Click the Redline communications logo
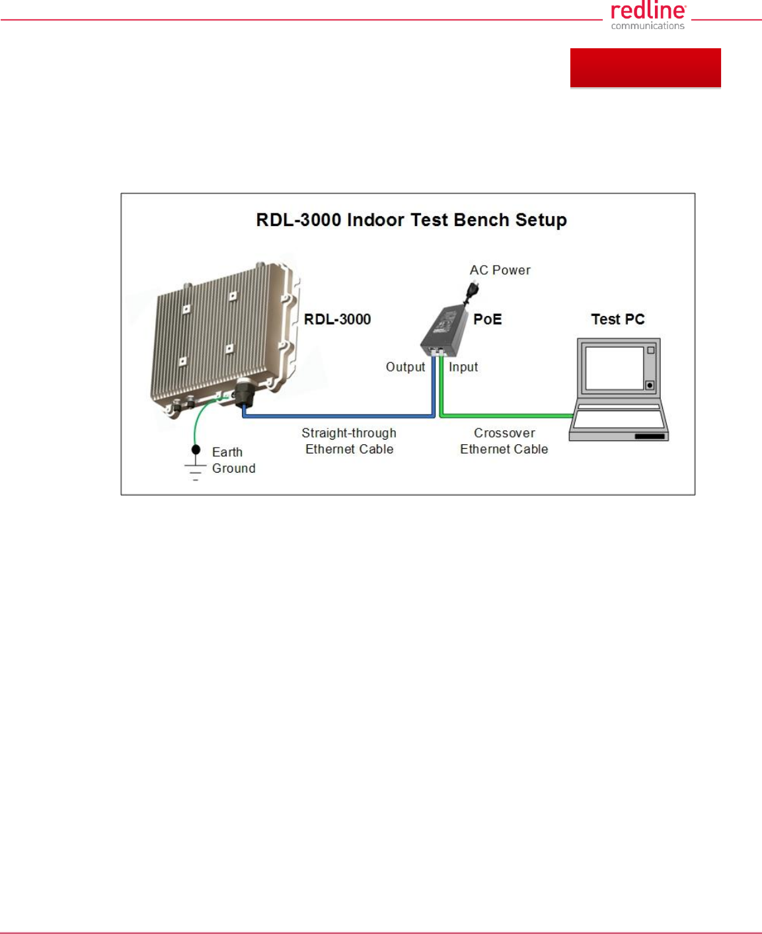(x=648, y=15)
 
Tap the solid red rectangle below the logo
(x=645, y=68)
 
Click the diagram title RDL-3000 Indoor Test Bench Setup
(x=411, y=219)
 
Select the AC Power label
(x=500, y=270)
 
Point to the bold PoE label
(x=488, y=319)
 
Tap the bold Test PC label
(x=618, y=319)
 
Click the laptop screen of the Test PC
(x=614, y=368)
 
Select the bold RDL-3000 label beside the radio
(x=337, y=319)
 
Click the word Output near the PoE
(x=405, y=367)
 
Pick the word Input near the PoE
(x=463, y=367)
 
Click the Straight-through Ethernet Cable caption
(x=349, y=441)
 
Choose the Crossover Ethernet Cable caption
(x=504, y=441)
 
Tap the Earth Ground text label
(x=233, y=459)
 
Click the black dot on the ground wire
(x=196, y=449)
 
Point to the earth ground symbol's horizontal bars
(x=195, y=472)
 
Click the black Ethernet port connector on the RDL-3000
(x=243, y=393)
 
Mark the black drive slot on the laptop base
(x=650, y=436)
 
